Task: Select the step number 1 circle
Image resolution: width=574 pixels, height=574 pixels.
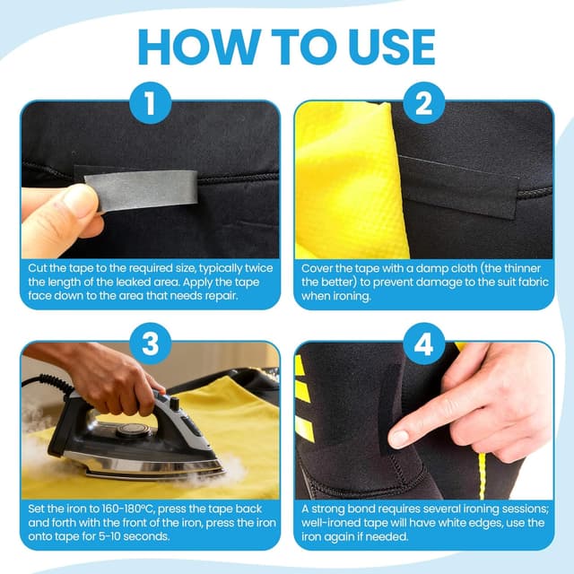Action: pos(151,103)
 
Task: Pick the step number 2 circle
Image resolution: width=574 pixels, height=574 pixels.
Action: pos(424,103)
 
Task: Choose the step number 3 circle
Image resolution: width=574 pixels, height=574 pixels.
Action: pos(151,344)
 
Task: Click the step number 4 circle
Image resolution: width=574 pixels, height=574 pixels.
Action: pos(424,344)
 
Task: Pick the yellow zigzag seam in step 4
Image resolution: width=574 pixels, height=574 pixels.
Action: pos(482,475)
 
